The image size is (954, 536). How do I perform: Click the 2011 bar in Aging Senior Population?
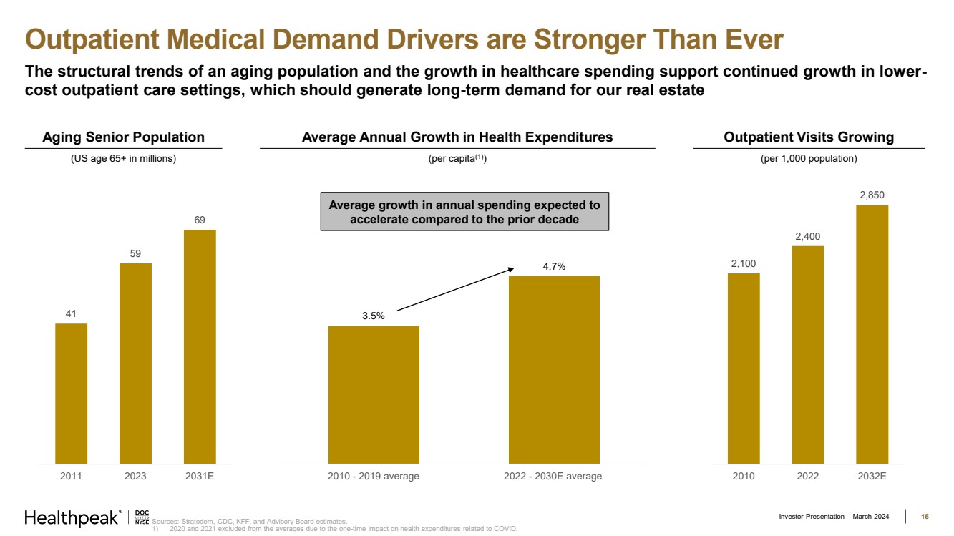(x=71, y=394)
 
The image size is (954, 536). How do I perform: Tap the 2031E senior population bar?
(x=200, y=347)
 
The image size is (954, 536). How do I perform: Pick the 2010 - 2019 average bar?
(x=374, y=395)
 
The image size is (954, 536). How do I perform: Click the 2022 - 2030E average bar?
(x=554, y=370)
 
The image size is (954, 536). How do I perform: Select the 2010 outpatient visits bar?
(x=744, y=369)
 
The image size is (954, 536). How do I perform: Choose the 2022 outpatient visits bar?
(x=808, y=355)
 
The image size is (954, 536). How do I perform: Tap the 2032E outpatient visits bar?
(x=872, y=334)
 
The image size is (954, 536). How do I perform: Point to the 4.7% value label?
(x=554, y=266)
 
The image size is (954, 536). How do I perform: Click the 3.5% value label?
(x=374, y=316)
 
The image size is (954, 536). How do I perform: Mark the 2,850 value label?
(x=872, y=195)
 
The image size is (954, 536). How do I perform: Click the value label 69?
(x=200, y=220)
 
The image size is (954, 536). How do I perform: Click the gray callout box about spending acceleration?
(x=464, y=211)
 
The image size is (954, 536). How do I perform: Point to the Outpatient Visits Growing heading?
(x=809, y=137)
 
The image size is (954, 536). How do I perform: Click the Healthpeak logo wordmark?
(x=72, y=518)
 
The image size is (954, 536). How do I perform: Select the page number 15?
(x=925, y=517)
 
